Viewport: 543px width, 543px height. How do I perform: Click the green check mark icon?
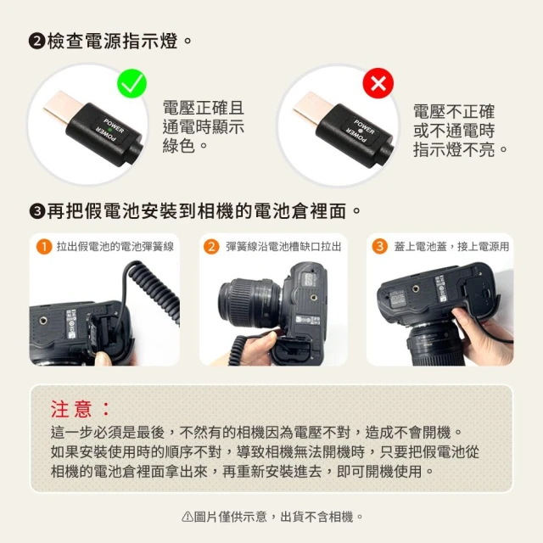[x=132, y=83]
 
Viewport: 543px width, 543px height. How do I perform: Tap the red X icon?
[x=378, y=83]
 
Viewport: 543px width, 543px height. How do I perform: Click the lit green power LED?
[x=109, y=130]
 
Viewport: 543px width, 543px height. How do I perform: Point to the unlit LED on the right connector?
[x=360, y=131]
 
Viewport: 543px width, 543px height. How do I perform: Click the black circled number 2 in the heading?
[x=37, y=42]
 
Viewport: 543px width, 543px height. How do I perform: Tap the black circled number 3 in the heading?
[x=37, y=211]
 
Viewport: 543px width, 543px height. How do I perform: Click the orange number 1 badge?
[x=44, y=247]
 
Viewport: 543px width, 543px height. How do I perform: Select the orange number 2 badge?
[x=211, y=247]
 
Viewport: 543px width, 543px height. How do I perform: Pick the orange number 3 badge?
[x=379, y=247]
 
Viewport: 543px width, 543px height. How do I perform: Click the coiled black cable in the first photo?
[x=153, y=291]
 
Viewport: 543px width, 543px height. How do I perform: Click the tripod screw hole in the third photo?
[x=416, y=288]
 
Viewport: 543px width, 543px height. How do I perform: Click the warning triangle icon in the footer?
[x=187, y=517]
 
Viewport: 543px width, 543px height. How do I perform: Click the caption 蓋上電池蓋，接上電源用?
[x=451, y=247]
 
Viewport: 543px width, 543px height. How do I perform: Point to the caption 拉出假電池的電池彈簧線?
[x=115, y=247]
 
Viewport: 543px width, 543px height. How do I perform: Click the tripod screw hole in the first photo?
[x=43, y=321]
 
